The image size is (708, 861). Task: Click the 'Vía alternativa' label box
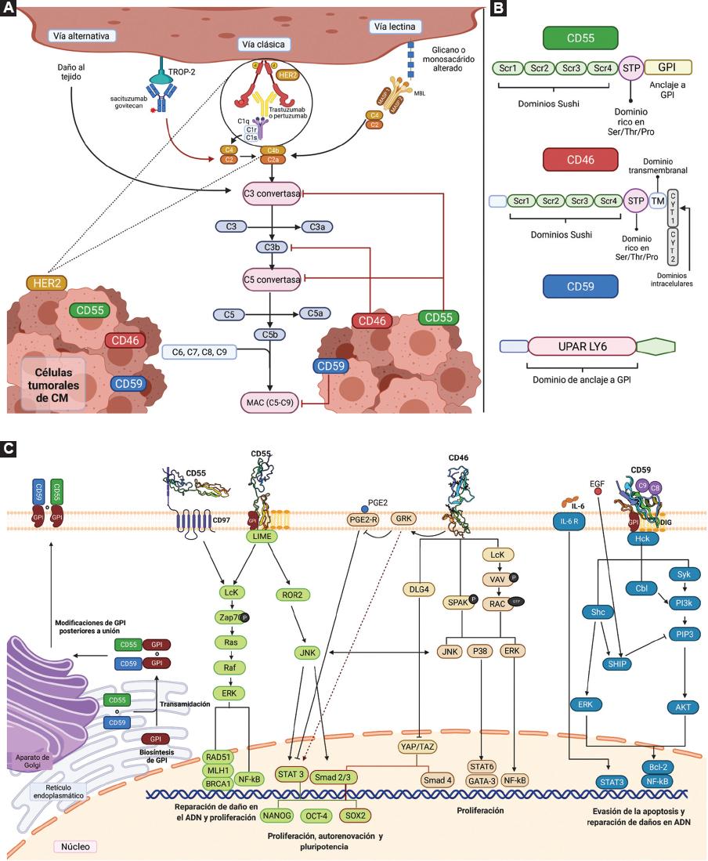(81, 36)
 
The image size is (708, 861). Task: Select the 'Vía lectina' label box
(391, 27)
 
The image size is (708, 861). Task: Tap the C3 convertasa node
(273, 192)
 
